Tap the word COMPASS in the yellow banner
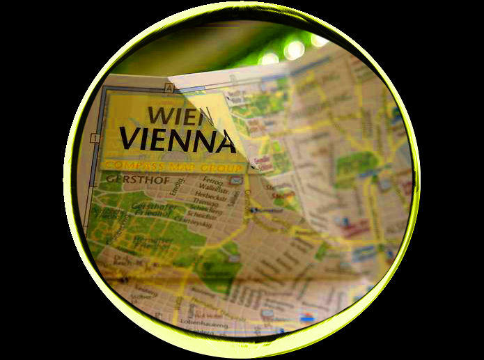(x=136, y=165)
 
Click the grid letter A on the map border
(x=168, y=88)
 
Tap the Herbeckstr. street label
(x=212, y=197)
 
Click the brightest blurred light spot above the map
(x=294, y=49)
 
